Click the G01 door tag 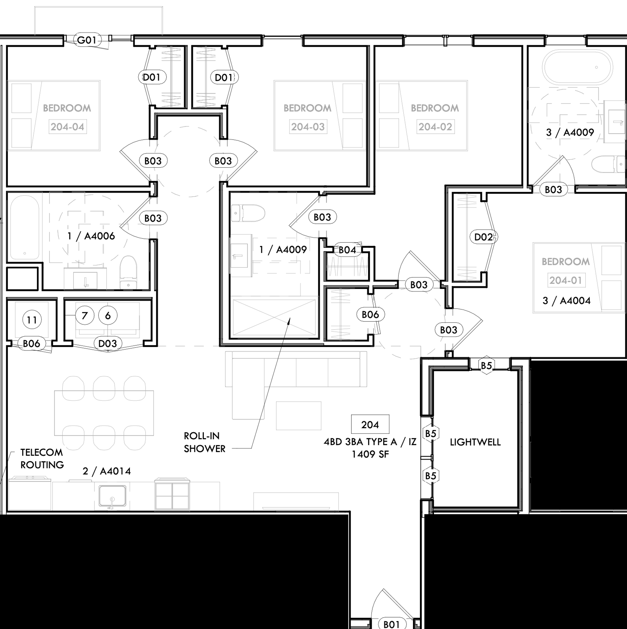[87, 40]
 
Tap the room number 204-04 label [68, 127]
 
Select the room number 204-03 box [308, 127]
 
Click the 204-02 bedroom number [435, 127]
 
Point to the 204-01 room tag [566, 280]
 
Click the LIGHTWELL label [475, 442]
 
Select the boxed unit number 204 [370, 425]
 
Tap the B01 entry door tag [391, 624]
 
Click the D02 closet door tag [483, 237]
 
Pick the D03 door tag [108, 343]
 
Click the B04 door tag [347, 250]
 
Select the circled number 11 [32, 320]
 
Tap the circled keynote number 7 [85, 315]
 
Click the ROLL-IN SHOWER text [205, 442]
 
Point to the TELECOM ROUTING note [42, 459]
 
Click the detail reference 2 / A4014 [107, 471]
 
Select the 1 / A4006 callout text [91, 236]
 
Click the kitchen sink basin [112, 495]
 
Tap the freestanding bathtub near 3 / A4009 [577, 67]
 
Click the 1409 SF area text [370, 454]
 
